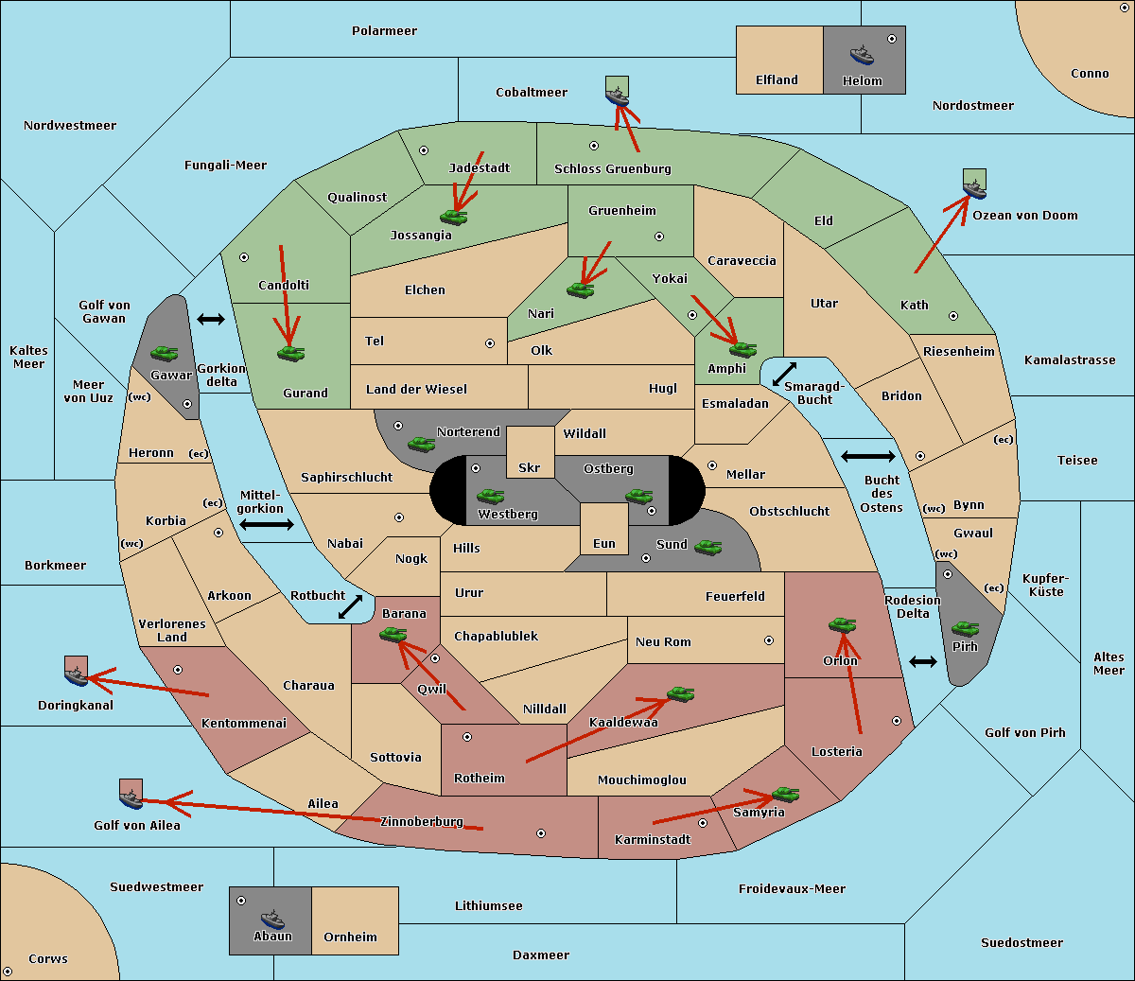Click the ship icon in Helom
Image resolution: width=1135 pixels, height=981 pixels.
862,54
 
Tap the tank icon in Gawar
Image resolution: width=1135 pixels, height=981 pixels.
165,353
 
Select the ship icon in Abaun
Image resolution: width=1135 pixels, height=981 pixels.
272,919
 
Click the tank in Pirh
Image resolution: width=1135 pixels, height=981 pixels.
965,629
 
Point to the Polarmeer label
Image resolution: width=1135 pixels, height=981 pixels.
384,31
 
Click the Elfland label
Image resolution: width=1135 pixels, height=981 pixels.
777,80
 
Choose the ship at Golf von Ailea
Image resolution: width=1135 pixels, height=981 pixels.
131,798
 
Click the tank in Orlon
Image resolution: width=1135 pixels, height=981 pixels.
842,625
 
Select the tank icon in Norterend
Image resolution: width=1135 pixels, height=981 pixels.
421,444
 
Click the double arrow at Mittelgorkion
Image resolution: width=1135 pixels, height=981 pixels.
267,525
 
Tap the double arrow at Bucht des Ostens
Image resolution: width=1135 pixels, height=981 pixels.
867,457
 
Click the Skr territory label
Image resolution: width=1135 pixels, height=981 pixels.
530,468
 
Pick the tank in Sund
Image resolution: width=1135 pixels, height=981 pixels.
708,547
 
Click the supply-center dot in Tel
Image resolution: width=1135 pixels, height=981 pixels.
490,343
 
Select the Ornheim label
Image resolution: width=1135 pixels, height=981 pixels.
350,937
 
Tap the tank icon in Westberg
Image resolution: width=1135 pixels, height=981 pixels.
490,496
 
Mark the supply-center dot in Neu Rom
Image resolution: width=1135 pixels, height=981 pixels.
769,640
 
